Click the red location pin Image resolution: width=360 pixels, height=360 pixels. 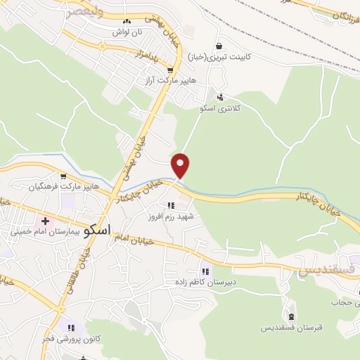pos(181,165)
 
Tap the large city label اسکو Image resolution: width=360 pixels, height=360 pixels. pos(96,230)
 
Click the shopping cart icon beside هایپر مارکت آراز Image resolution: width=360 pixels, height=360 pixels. pos(171,70)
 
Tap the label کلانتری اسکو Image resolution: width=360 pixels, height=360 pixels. pos(219,109)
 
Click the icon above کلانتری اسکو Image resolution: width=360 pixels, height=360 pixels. pos(221,98)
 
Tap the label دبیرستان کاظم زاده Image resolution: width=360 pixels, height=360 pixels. pos(205,282)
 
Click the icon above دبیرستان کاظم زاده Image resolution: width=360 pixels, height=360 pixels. pos(205,271)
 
